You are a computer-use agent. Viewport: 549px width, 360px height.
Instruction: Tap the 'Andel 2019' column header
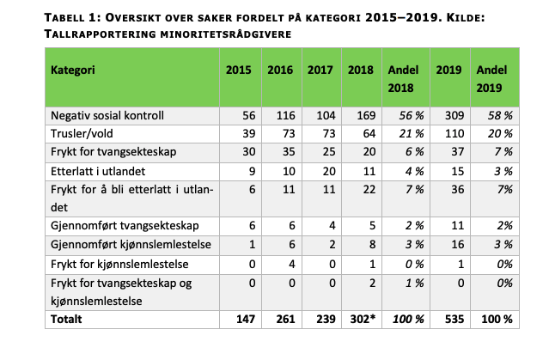point(491,79)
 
